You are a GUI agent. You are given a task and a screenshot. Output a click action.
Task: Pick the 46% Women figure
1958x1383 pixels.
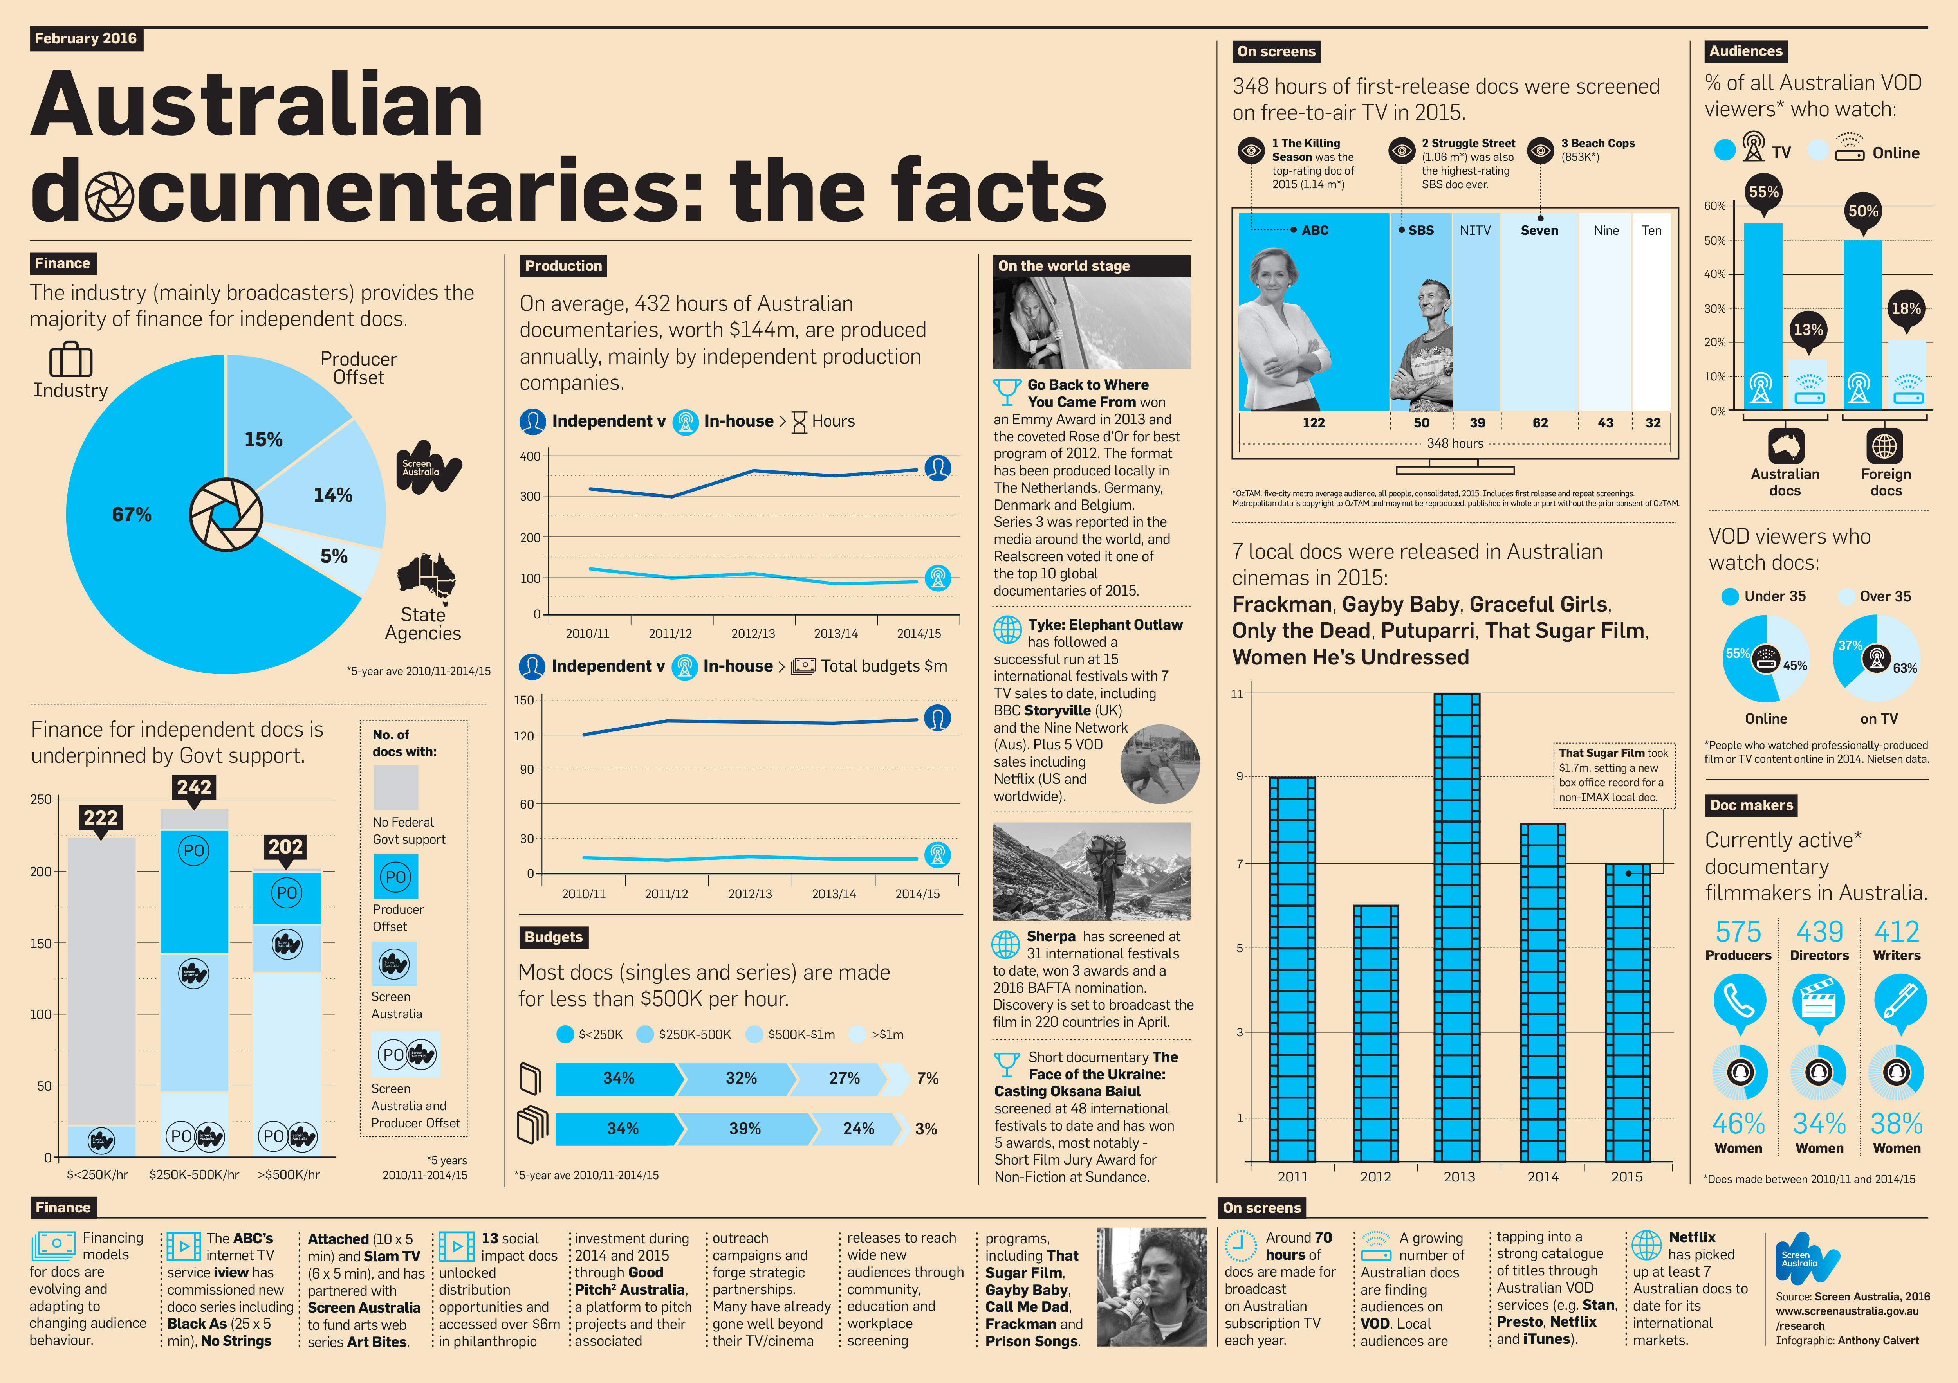click(1738, 1124)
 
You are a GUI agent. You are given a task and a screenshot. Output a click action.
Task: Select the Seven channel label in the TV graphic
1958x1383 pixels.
click(1539, 230)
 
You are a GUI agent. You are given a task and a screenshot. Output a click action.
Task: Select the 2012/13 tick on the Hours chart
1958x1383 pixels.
click(753, 634)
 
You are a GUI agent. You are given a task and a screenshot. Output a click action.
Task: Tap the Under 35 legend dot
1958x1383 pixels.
click(1729, 597)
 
